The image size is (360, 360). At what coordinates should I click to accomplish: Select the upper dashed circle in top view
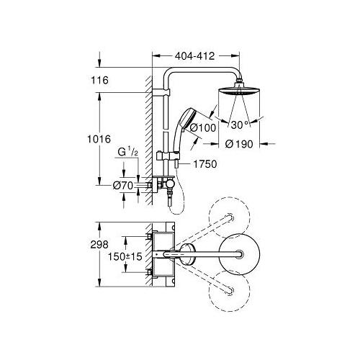pyautogui.click(x=229, y=221)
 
